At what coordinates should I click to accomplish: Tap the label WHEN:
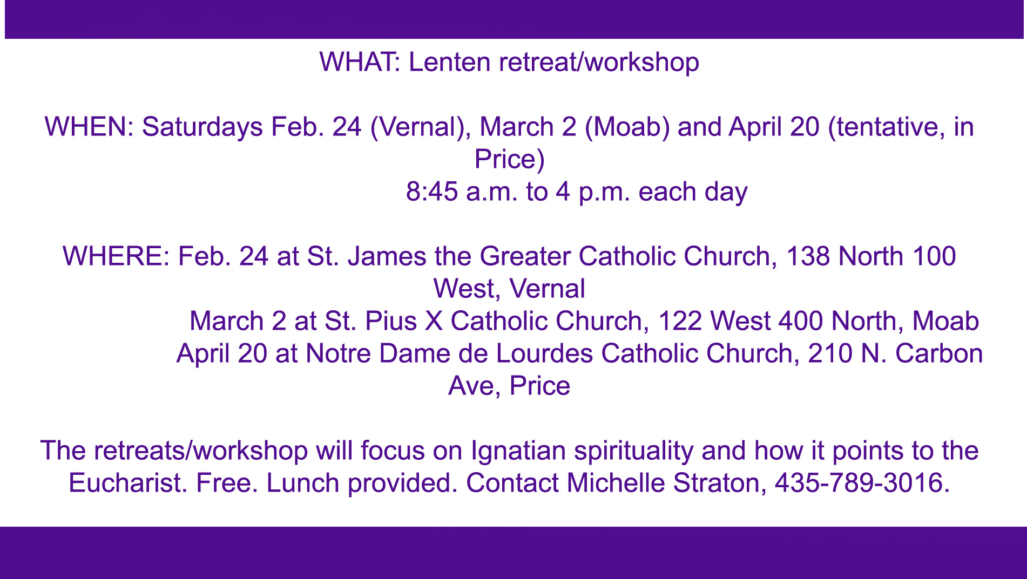coord(89,127)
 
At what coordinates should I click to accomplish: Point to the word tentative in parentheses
coord(886,127)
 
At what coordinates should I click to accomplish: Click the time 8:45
coord(432,192)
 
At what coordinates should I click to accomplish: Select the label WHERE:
coord(117,256)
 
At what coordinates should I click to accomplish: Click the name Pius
coord(391,321)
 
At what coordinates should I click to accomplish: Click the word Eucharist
coord(127,483)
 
